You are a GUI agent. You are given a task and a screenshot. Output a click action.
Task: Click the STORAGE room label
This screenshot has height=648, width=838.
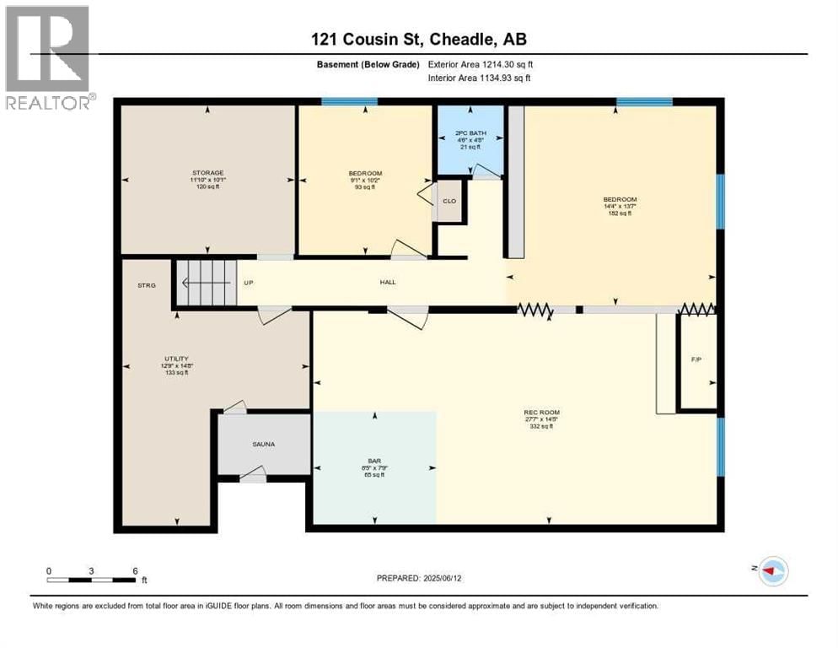(x=207, y=173)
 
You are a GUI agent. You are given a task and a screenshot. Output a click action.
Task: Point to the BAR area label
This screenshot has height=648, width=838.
(x=375, y=461)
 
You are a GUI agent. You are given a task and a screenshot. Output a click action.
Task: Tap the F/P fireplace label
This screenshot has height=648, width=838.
(x=696, y=359)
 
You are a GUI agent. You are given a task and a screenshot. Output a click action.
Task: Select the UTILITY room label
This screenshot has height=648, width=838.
(x=175, y=359)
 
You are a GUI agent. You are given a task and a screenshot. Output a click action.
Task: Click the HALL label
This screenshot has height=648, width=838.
(x=387, y=282)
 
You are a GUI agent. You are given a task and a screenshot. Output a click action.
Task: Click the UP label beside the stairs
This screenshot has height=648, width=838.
(x=248, y=283)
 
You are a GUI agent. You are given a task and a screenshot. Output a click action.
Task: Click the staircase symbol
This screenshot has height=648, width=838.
(x=205, y=283)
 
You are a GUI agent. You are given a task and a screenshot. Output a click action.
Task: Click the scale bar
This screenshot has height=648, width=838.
(x=93, y=580)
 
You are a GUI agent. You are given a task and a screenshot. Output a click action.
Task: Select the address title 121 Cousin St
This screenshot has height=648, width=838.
(x=418, y=39)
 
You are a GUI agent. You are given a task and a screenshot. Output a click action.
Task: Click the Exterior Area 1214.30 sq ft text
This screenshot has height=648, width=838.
(x=481, y=64)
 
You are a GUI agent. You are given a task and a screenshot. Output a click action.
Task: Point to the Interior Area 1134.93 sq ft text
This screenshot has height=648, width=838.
(x=480, y=78)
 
